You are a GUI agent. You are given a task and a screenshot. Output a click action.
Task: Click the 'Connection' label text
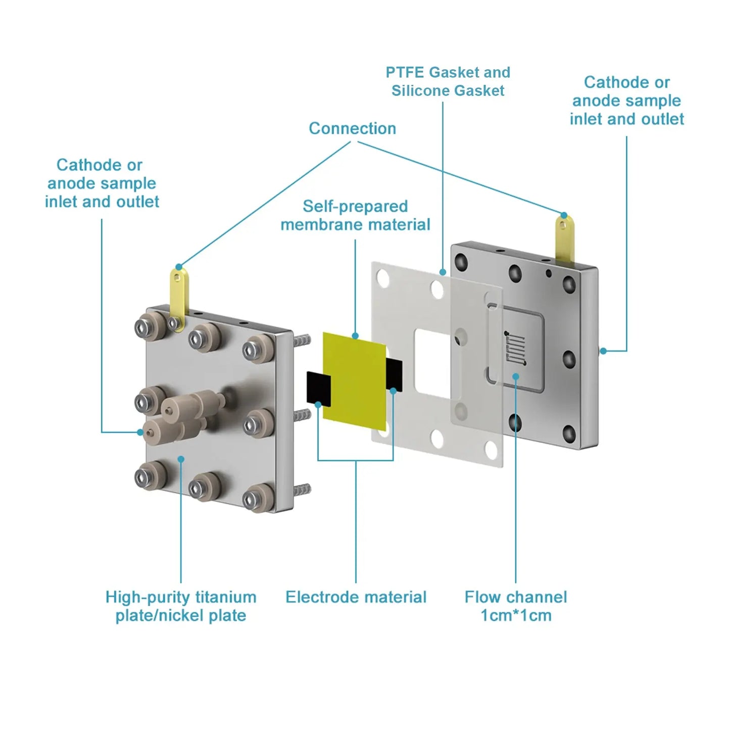(x=352, y=128)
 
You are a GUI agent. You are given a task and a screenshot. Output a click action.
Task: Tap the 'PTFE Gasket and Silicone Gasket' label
(x=448, y=81)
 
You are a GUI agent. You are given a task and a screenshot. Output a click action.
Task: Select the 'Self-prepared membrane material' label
(x=355, y=215)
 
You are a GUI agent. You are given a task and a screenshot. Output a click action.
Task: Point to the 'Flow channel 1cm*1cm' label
(x=515, y=606)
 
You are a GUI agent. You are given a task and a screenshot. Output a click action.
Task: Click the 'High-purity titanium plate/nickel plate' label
(x=181, y=606)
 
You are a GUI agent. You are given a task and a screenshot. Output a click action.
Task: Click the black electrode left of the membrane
(x=318, y=388)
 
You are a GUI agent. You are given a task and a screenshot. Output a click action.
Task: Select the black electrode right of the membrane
(x=395, y=375)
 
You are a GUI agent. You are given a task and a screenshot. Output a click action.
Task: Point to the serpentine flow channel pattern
(x=516, y=348)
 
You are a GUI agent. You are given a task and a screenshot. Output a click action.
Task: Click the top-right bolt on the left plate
(x=258, y=349)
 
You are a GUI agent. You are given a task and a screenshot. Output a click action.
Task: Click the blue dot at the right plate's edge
(x=603, y=351)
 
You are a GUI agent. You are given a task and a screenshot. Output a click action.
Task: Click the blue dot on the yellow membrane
(x=355, y=336)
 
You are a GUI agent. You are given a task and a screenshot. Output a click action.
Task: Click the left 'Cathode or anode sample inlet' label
(x=102, y=183)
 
